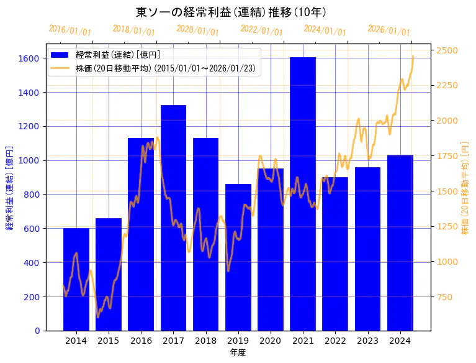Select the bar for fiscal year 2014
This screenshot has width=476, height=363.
click(76, 279)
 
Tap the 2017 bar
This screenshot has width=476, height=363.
click(173, 218)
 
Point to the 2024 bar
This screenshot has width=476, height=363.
click(400, 242)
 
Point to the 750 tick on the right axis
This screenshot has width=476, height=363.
click(444, 296)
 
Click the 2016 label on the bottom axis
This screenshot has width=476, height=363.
click(141, 341)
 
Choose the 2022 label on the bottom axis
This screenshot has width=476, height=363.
click(335, 341)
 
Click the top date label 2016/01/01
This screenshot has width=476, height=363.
click(70, 30)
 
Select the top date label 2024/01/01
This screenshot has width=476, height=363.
click(325, 30)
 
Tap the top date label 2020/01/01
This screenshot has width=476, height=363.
click(197, 30)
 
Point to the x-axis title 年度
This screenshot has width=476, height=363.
click(238, 352)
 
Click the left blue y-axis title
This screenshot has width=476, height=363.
click(9, 186)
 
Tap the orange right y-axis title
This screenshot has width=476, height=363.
click(465, 186)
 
